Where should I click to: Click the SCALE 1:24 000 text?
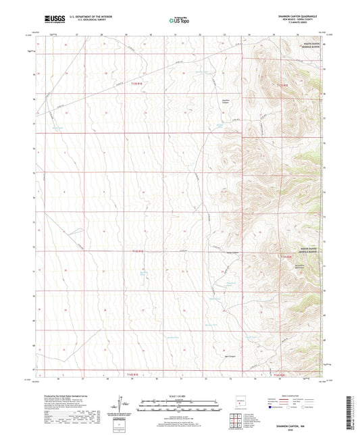[179, 395]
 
